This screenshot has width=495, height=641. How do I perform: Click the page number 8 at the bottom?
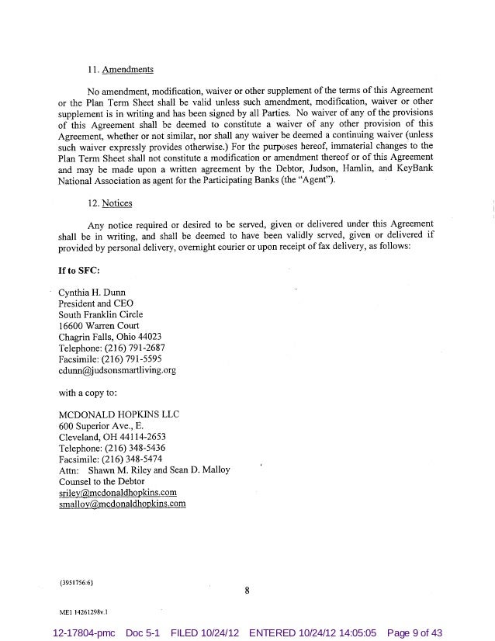(x=247, y=591)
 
